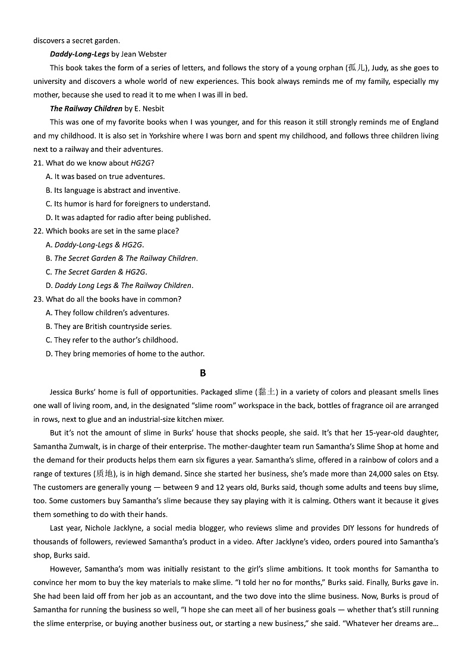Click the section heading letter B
pos(203,373)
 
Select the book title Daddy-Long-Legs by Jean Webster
pos(108,54)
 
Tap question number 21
pos(39,163)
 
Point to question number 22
pos(39,231)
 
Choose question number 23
pos(39,299)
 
